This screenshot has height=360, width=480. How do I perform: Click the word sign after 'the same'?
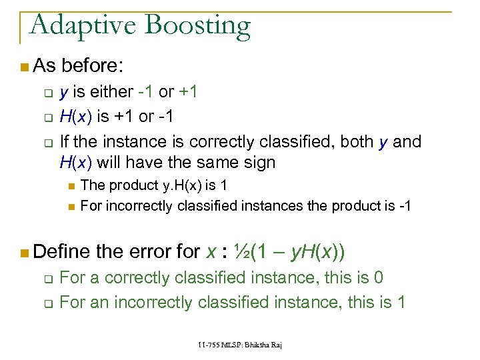tap(258, 161)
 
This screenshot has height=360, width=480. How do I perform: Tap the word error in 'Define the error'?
tap(148, 251)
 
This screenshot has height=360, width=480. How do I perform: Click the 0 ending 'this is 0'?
tap(378, 277)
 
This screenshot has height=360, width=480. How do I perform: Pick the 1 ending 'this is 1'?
tap(401, 302)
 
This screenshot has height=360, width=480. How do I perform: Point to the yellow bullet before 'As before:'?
tap(24, 67)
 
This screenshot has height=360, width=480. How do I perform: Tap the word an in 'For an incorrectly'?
tap(99, 302)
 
